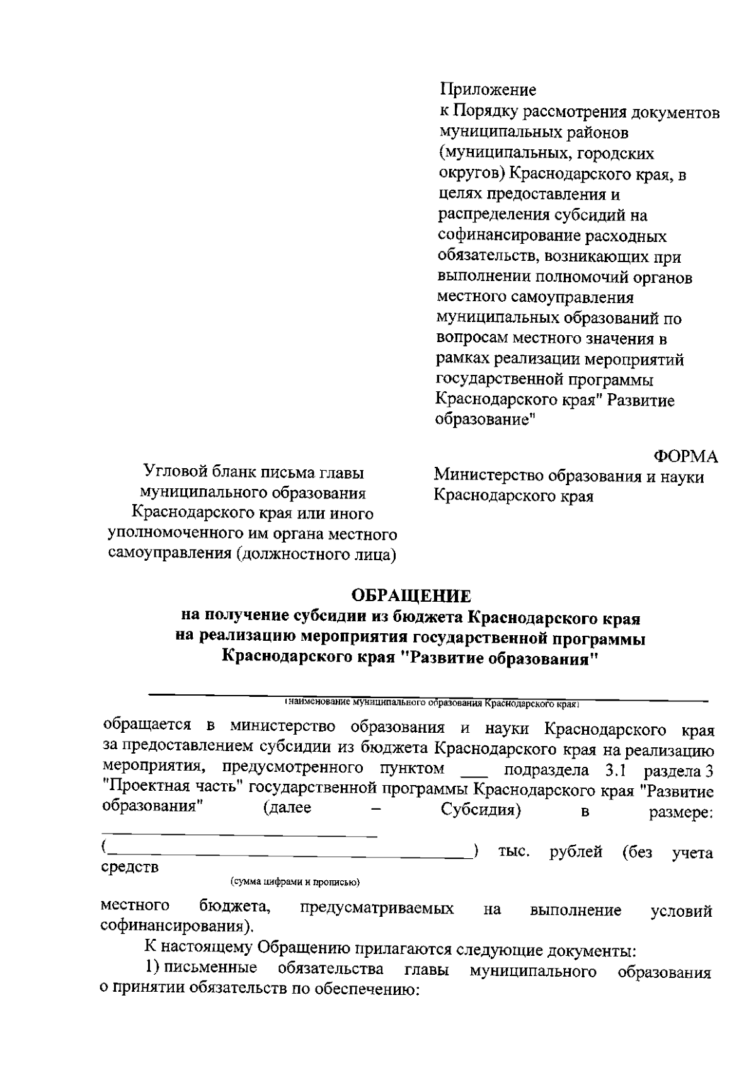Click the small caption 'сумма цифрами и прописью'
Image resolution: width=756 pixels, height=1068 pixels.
point(294,882)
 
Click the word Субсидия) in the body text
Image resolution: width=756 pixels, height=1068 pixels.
point(480,810)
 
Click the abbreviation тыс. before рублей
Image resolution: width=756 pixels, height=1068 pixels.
point(513,853)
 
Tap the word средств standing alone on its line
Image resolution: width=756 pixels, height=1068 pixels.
point(130,868)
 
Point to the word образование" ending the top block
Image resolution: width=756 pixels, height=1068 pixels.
point(485,420)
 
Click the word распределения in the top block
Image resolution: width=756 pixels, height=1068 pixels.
point(493,215)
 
